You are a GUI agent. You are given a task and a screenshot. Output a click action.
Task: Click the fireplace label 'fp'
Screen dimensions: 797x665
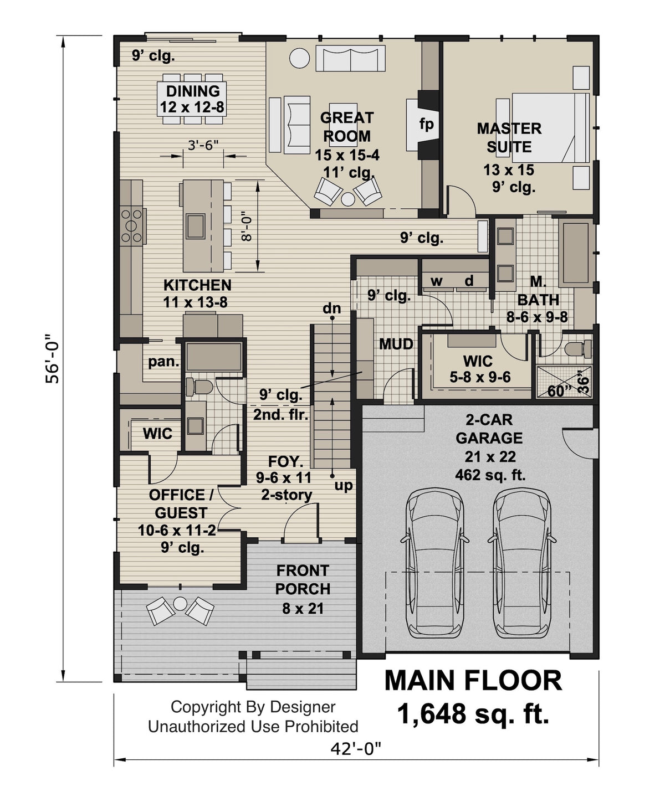[426, 125]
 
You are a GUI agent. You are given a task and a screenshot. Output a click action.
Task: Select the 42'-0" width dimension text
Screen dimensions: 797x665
[356, 749]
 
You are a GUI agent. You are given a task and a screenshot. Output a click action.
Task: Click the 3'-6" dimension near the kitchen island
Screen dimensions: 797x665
[203, 145]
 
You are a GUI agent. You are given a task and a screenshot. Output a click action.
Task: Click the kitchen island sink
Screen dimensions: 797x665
[195, 224]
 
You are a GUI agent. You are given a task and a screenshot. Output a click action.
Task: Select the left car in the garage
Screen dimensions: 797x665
[435, 562]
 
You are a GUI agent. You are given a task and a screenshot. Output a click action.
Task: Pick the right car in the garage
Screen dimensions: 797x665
[523, 562]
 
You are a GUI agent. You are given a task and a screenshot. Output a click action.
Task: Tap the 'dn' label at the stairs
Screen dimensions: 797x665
[332, 309]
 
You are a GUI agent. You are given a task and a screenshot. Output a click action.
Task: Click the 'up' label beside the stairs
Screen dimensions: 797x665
[344, 486]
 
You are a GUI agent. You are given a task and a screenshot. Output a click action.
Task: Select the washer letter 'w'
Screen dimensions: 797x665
[437, 281]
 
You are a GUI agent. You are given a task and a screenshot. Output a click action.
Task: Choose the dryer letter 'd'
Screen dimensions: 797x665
[469, 281]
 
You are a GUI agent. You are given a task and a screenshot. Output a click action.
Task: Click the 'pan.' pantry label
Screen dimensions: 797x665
[163, 362]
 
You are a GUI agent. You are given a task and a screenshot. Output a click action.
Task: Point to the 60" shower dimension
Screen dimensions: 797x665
[560, 391]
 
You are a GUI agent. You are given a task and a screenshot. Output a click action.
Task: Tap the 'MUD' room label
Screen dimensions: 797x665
[396, 344]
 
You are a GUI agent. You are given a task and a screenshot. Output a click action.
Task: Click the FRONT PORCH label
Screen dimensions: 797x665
[303, 579]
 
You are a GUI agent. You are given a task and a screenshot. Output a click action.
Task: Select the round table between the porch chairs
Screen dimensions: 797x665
[180, 603]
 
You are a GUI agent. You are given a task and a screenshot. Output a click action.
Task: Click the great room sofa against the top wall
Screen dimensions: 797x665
[350, 58]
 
